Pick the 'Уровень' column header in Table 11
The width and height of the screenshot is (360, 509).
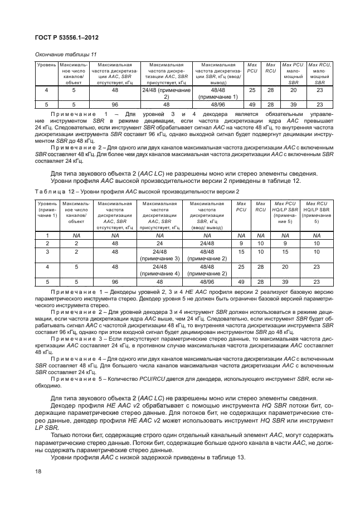46,65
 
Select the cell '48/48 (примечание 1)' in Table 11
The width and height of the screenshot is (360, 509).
218,93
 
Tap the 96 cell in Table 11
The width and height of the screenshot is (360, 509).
115,104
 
